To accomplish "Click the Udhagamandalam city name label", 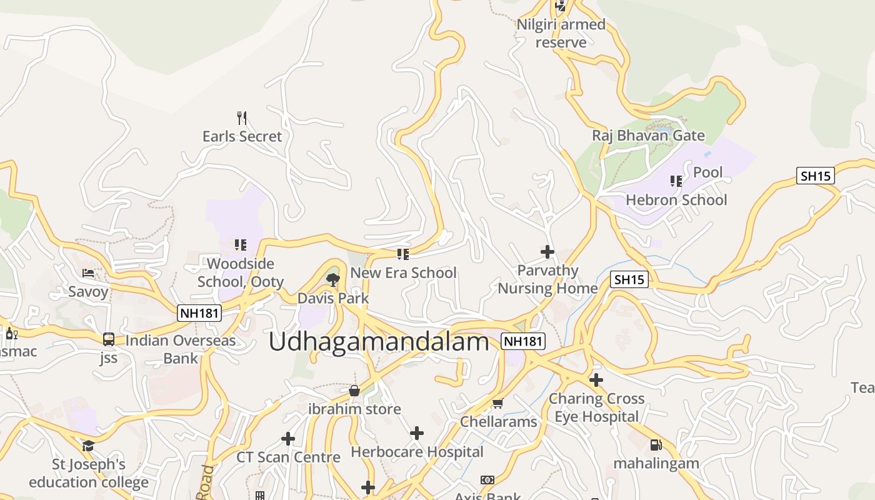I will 379,342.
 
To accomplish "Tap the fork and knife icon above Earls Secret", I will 242,117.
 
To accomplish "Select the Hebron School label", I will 676,200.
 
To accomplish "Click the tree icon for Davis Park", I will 333,279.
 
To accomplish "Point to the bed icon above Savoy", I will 88,273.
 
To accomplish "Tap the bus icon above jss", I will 109,339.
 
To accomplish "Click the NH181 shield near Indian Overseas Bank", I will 199,312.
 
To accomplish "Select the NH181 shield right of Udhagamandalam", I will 523,341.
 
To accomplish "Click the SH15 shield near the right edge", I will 816,176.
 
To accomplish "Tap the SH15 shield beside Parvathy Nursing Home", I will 629,279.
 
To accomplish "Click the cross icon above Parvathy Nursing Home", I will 547,252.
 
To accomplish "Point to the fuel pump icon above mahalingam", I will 656,445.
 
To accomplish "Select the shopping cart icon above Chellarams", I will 497,403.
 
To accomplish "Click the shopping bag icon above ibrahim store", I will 354,391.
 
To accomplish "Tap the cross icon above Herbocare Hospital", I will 417,432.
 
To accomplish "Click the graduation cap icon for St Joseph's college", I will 88,446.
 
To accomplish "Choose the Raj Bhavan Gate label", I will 648,136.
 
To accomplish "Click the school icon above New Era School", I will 403,254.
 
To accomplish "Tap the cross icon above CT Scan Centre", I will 288,439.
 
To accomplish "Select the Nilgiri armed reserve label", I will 561,33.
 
